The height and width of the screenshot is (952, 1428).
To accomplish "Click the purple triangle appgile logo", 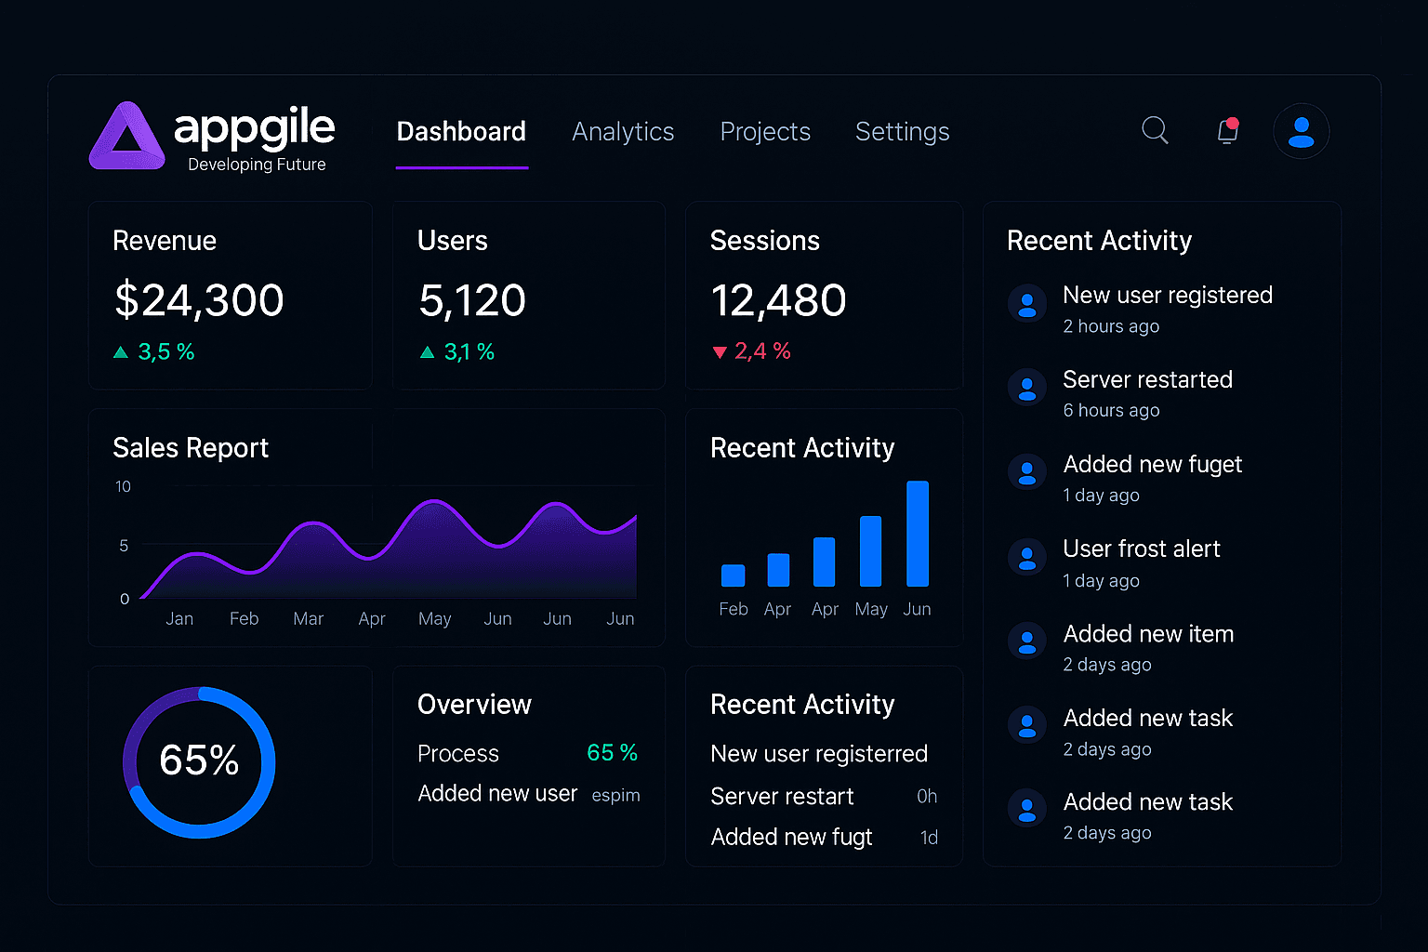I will point(127,137).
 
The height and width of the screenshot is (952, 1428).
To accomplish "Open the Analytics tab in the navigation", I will point(623,132).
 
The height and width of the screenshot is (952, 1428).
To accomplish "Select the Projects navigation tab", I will point(765,132).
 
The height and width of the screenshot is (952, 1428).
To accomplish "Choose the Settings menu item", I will point(902,132).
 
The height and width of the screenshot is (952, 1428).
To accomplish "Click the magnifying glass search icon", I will point(1155,130).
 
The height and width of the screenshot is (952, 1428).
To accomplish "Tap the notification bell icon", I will point(1228,131).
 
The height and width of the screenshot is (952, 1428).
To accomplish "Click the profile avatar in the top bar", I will point(1301,131).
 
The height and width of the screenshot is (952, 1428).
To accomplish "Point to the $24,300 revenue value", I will point(199,300).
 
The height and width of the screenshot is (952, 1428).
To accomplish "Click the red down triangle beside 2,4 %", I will point(719,352).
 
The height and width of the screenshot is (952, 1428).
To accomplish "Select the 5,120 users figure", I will point(472,300).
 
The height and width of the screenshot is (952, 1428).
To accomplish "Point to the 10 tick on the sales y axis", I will point(123,487).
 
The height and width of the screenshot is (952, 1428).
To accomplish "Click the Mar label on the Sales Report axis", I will point(308,619).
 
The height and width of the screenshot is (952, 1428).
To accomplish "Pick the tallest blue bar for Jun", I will point(918,534).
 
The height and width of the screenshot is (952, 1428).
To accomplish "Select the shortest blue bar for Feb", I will point(733,575).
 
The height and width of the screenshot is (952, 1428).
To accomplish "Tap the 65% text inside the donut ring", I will point(199,760).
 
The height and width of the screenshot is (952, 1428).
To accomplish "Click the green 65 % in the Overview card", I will point(612,753).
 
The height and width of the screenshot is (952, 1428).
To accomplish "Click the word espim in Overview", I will point(615,796).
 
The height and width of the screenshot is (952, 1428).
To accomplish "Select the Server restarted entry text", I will point(1147,380).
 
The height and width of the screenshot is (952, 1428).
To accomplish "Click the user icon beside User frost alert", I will point(1027,558).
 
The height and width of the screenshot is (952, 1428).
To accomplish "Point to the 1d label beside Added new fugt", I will point(929,838).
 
